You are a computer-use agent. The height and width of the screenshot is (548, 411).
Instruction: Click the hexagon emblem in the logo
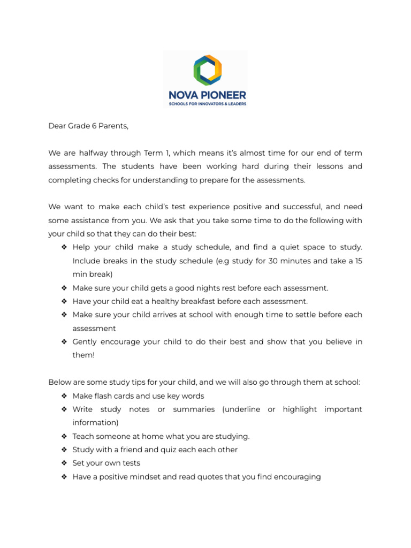207,70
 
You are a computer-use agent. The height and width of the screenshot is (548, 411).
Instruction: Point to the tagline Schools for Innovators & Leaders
207,104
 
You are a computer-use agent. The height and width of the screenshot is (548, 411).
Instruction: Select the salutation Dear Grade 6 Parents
89,126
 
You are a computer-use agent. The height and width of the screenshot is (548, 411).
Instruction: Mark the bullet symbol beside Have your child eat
64,301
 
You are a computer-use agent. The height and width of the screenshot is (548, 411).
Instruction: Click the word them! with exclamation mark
83,355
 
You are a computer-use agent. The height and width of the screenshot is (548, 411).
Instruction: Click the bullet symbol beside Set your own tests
64,463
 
